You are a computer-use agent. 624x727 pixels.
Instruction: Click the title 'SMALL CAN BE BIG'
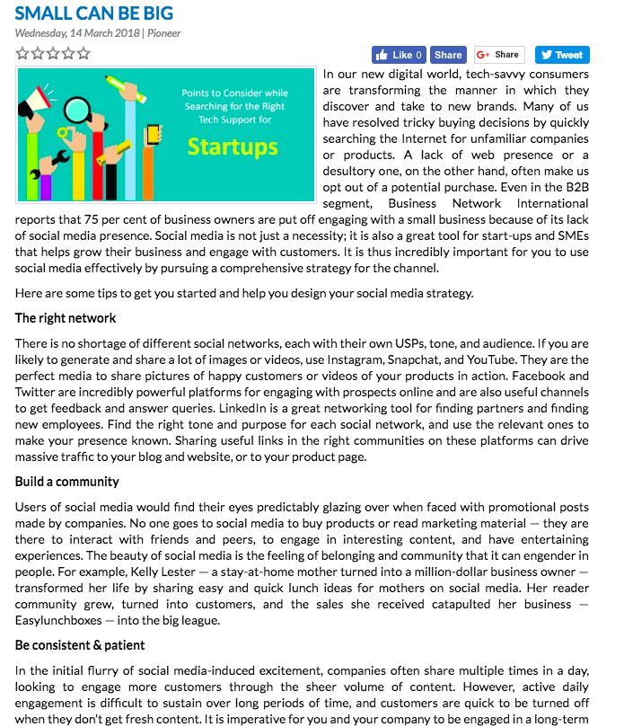pos(94,13)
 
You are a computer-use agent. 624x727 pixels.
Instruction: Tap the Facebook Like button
pos(399,55)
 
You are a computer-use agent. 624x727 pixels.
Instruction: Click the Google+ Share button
pos(499,55)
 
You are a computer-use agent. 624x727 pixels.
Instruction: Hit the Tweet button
pos(562,55)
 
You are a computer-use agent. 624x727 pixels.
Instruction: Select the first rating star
pos(22,54)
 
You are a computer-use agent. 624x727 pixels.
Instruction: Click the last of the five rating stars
pos(83,54)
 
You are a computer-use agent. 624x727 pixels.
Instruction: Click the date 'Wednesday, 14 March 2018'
pos(78,34)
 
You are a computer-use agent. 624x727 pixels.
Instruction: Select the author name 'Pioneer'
pos(163,34)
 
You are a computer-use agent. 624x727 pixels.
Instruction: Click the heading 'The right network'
pos(66,318)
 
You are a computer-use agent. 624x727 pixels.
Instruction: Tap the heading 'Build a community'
pos(67,482)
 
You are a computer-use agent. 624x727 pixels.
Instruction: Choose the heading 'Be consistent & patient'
pos(80,645)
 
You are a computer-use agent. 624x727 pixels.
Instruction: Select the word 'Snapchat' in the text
pos(418,360)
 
